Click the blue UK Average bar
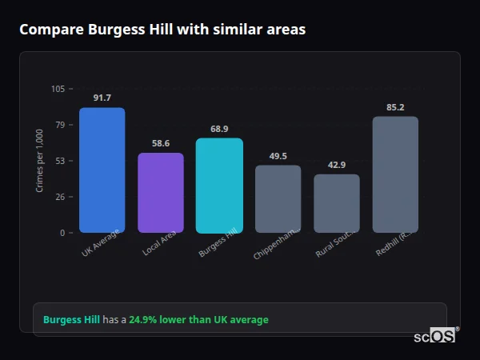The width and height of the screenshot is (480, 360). (x=102, y=170)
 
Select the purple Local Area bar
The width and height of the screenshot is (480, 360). (x=161, y=193)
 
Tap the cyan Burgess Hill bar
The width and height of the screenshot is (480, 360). (x=219, y=186)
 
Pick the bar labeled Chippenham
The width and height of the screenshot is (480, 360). (x=278, y=199)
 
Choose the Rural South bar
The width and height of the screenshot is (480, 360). (x=337, y=203)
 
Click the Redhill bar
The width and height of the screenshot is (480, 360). (x=395, y=174)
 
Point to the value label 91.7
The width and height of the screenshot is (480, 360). (x=102, y=98)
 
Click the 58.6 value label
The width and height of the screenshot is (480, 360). (x=161, y=143)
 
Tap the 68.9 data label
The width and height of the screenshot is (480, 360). (x=219, y=129)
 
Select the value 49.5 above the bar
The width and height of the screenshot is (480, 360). (x=278, y=156)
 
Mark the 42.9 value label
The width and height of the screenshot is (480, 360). (x=337, y=165)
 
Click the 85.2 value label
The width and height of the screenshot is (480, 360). (x=395, y=107)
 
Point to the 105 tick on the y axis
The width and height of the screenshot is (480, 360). (x=58, y=89)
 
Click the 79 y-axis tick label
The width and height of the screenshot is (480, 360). (x=61, y=125)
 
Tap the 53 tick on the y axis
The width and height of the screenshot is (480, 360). (x=61, y=161)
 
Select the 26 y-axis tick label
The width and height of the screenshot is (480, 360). (x=61, y=197)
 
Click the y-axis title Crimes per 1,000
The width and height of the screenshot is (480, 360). (x=40, y=160)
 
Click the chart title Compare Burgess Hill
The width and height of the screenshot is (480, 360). (x=162, y=30)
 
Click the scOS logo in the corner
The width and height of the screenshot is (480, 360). (x=435, y=336)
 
